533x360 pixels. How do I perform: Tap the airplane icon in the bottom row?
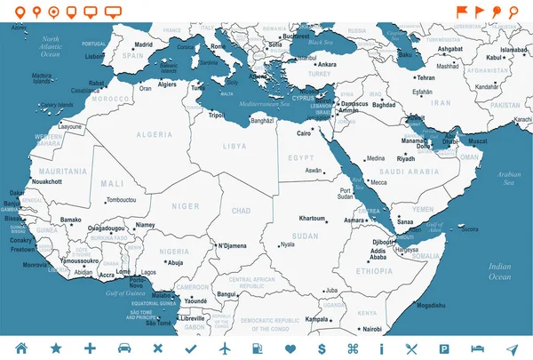coord(226,347)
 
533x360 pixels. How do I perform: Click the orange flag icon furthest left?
coord(461,12)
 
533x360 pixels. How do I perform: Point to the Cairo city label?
coord(304,133)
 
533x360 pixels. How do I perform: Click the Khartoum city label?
coord(313,218)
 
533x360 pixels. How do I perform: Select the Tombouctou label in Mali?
coord(120,200)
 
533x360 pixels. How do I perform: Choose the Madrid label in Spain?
coord(143,44)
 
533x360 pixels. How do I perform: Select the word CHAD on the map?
coord(241,211)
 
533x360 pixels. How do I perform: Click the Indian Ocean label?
coord(499,272)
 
